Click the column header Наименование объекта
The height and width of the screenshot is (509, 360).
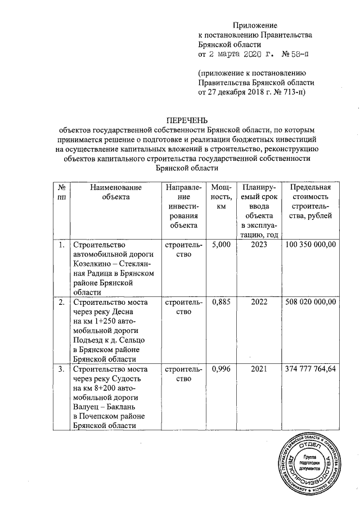(112, 192)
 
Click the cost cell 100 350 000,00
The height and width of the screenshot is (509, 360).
(310, 245)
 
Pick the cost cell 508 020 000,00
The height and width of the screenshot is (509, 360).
(310, 302)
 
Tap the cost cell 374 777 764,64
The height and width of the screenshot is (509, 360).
(310, 369)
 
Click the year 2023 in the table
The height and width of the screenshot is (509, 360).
(257, 245)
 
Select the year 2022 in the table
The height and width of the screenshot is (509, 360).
(257, 302)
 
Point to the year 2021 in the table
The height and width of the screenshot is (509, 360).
(257, 369)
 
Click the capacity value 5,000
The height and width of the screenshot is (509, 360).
(217, 245)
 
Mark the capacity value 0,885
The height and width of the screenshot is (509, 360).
(217, 302)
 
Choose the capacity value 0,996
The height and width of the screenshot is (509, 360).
(217, 369)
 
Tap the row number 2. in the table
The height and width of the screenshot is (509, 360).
(61, 302)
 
